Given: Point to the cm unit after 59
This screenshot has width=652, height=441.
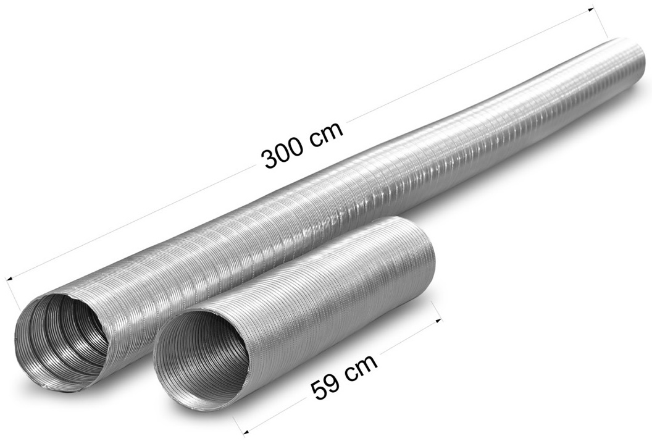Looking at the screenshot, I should [360, 368].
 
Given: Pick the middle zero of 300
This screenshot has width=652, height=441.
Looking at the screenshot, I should [283, 155].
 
